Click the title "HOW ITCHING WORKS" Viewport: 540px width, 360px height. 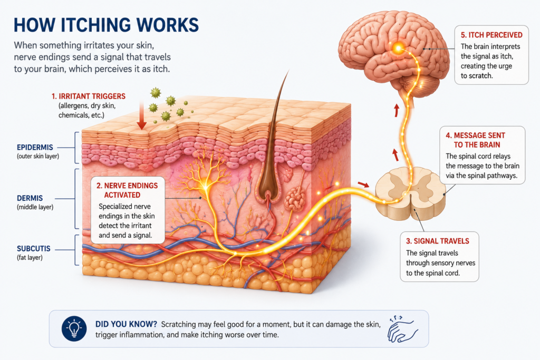[106, 25]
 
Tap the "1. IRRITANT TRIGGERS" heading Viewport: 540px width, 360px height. [89, 96]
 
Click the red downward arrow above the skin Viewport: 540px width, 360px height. [141, 115]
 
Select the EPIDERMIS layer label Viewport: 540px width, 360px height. [35, 147]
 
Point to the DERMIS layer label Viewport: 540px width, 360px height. [30, 198]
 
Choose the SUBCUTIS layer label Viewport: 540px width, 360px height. [33, 248]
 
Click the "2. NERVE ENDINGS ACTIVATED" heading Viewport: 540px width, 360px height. [127, 190]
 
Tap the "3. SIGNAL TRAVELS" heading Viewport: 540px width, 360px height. [437, 241]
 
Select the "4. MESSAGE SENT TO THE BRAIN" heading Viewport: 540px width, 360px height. [475, 140]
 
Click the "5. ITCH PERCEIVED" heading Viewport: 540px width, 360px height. [491, 35]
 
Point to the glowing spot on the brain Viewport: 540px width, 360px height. [399, 48]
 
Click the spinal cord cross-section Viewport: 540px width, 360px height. [410, 192]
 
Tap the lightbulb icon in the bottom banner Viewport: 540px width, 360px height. [74, 328]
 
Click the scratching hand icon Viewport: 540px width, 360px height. [402, 329]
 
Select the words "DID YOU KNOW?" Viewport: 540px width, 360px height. [126, 324]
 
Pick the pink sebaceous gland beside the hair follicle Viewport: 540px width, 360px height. [295, 199]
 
